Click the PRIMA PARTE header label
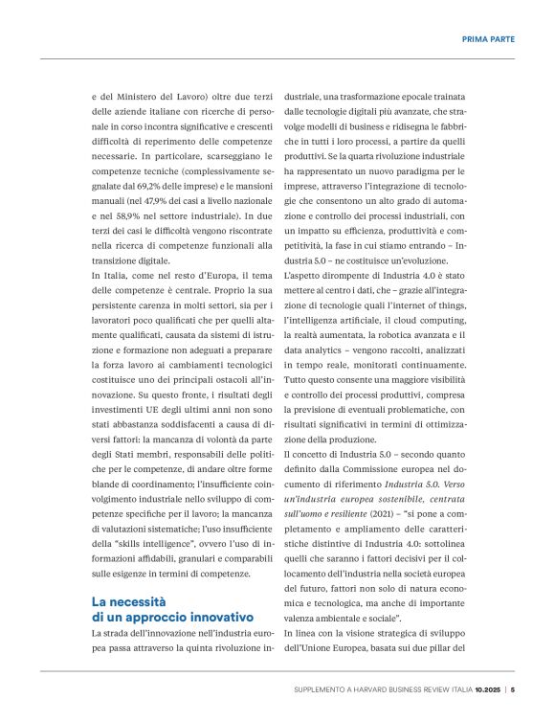pyautogui.click(x=488, y=39)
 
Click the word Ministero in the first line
pyautogui.click(x=145, y=97)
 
